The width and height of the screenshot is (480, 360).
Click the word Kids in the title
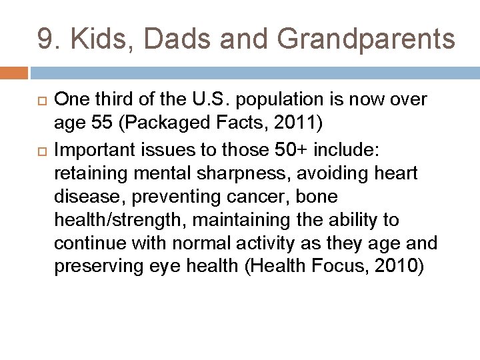coord(95,39)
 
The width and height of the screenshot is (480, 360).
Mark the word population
coord(287,100)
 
